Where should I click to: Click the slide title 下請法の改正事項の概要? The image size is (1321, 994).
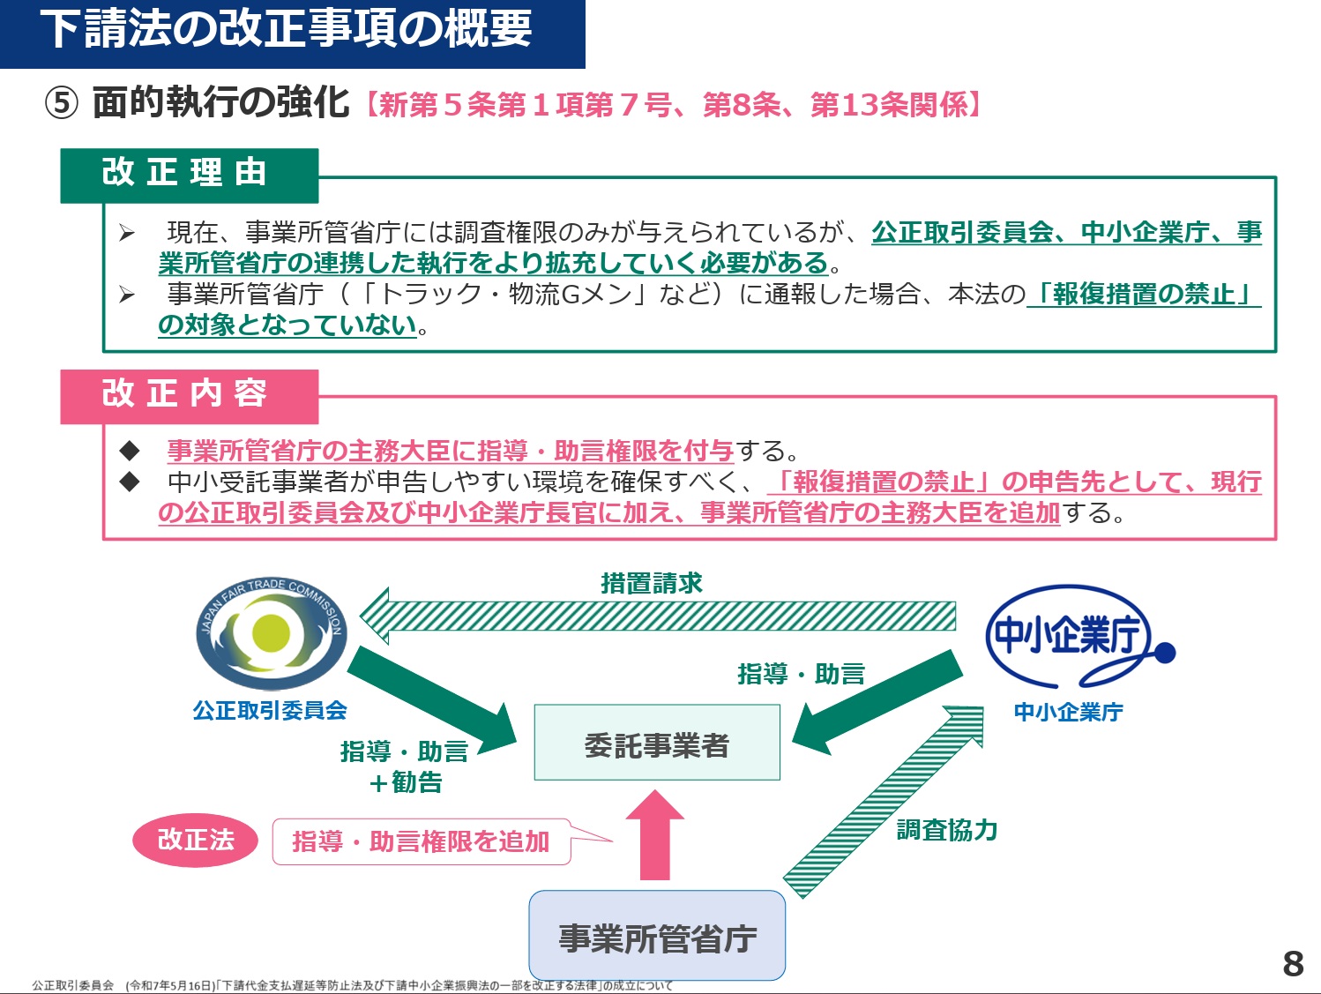287,29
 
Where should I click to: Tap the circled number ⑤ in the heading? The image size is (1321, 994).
62,103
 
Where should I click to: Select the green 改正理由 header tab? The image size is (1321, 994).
189,176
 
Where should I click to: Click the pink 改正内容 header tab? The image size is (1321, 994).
189,397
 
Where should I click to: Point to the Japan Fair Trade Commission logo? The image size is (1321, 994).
272,634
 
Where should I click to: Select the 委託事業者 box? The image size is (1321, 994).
657,743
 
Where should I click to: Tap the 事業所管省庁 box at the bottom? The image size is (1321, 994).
657,937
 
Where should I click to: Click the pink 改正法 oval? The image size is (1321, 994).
195,840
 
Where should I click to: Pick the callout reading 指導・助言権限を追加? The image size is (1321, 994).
422,841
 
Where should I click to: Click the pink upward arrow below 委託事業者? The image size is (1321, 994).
655,835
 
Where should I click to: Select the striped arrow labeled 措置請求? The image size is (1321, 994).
657,616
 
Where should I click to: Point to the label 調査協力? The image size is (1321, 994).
947,830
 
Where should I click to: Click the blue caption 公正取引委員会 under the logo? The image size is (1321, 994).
270,711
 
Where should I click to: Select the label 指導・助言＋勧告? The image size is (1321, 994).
405,766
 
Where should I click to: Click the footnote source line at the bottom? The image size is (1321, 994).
352,985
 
